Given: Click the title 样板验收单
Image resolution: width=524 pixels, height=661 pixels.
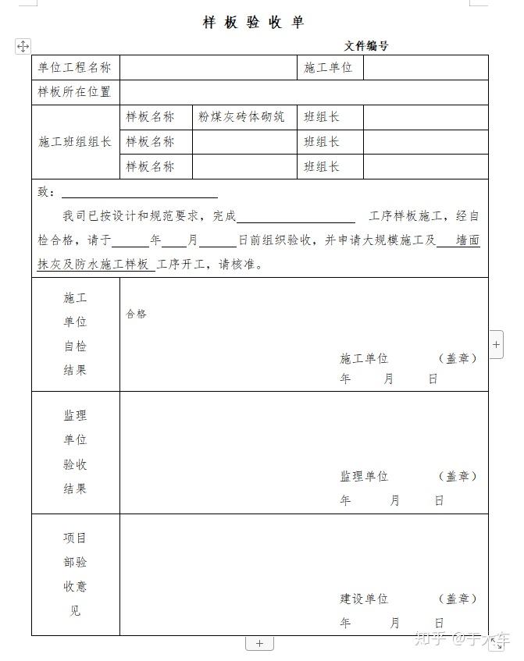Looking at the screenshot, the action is coord(253,23).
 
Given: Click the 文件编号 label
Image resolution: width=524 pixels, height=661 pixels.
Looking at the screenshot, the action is coord(365,46).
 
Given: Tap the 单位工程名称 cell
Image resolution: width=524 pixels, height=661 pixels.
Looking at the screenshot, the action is coord(75,68).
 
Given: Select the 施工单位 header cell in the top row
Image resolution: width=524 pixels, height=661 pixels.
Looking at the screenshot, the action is coord(328,68).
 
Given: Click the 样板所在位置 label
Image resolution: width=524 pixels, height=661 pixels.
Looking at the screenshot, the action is coord(75,92).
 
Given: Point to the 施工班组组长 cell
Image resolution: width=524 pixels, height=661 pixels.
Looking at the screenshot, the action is coord(75,142).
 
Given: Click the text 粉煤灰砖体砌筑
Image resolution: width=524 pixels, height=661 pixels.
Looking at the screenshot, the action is coord(241,117).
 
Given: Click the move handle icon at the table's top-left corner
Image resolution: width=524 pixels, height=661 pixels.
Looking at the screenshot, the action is coord(23,47).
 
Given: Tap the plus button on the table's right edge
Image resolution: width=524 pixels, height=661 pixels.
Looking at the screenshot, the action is coord(497,343).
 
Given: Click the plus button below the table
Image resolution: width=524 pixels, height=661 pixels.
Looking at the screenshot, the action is coord(259,644).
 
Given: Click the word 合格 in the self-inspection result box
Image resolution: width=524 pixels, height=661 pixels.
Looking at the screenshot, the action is coord(136,315).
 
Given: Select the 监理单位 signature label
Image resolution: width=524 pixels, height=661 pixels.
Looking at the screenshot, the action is coord(364,476).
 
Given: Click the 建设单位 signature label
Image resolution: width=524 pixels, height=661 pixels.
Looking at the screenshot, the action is coord(364,599).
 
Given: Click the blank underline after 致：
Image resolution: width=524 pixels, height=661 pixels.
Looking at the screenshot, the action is coord(139,193).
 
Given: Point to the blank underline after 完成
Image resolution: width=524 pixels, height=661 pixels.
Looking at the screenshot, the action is coord(295,217).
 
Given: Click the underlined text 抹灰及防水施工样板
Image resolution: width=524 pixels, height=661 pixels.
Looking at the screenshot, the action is coord(94,265).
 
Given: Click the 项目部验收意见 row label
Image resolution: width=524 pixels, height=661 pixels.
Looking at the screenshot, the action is coord(75,574).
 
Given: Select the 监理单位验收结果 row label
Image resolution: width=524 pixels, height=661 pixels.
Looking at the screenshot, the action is coord(75,452).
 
